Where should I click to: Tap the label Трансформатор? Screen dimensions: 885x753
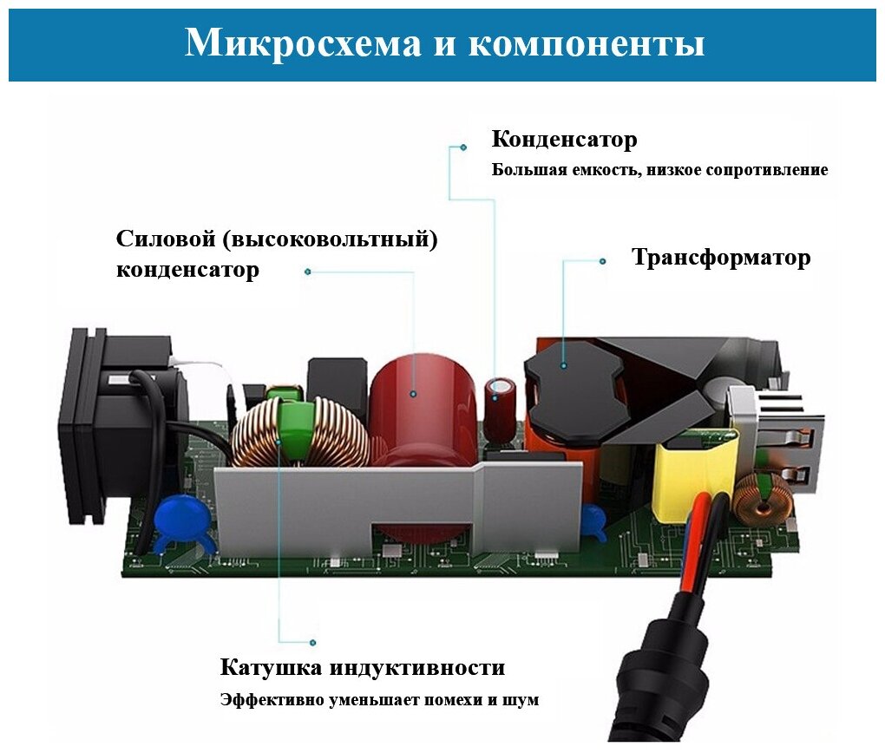pyautogui.click(x=721, y=258)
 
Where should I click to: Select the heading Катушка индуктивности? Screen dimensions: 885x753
pyautogui.click(x=363, y=668)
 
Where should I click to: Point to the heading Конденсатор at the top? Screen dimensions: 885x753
pyautogui.click(x=564, y=139)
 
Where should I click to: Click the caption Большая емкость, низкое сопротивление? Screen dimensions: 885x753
pyautogui.click(x=659, y=170)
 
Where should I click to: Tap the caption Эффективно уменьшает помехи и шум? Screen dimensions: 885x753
pyautogui.click(x=379, y=700)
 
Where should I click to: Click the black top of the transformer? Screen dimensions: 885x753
pyautogui.click(x=573, y=390)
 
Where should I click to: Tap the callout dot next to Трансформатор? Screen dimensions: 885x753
pyautogui.click(x=602, y=260)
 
